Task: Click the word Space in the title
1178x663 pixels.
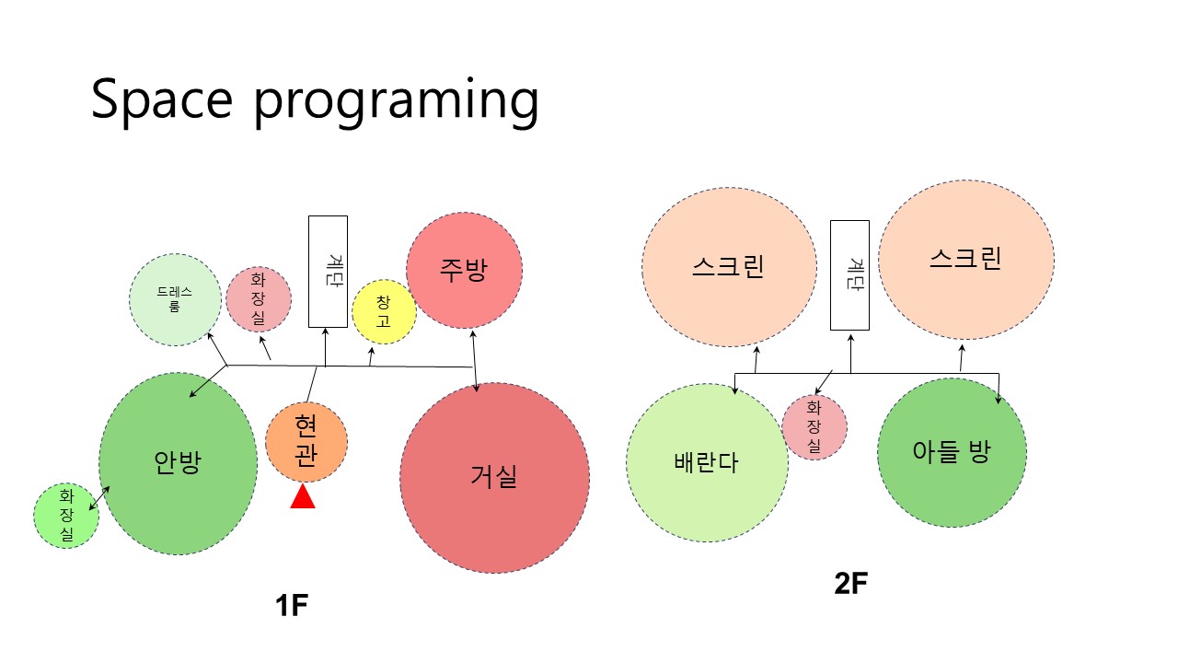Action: pyautogui.click(x=162, y=99)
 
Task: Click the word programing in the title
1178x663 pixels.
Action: pyautogui.click(x=397, y=102)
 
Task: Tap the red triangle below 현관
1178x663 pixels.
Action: pyautogui.click(x=303, y=496)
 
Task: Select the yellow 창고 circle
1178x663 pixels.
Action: pyautogui.click(x=384, y=312)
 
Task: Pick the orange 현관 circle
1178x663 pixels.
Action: pyautogui.click(x=306, y=442)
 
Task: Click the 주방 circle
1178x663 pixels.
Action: pyautogui.click(x=465, y=271)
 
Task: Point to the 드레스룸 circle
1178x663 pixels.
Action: pyautogui.click(x=175, y=300)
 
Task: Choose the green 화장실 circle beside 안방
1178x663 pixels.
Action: pyautogui.click(x=66, y=516)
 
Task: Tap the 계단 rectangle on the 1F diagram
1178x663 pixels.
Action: pyautogui.click(x=328, y=272)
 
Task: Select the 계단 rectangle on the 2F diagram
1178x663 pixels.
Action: pyautogui.click(x=849, y=275)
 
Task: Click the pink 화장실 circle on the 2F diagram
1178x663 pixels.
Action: pyautogui.click(x=814, y=427)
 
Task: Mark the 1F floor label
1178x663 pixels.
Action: pyautogui.click(x=292, y=605)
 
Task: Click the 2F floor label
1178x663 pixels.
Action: pyautogui.click(x=851, y=583)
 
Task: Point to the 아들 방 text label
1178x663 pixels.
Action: pyautogui.click(x=952, y=451)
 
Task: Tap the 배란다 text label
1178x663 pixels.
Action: pyautogui.click(x=706, y=462)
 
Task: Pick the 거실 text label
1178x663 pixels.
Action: pyautogui.click(x=494, y=477)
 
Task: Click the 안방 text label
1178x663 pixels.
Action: pyautogui.click(x=178, y=462)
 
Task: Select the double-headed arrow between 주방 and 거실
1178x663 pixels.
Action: pyautogui.click(x=474, y=362)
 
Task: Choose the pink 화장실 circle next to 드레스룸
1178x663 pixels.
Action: pyautogui.click(x=259, y=299)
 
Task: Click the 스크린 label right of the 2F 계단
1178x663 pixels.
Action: pyautogui.click(x=965, y=259)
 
